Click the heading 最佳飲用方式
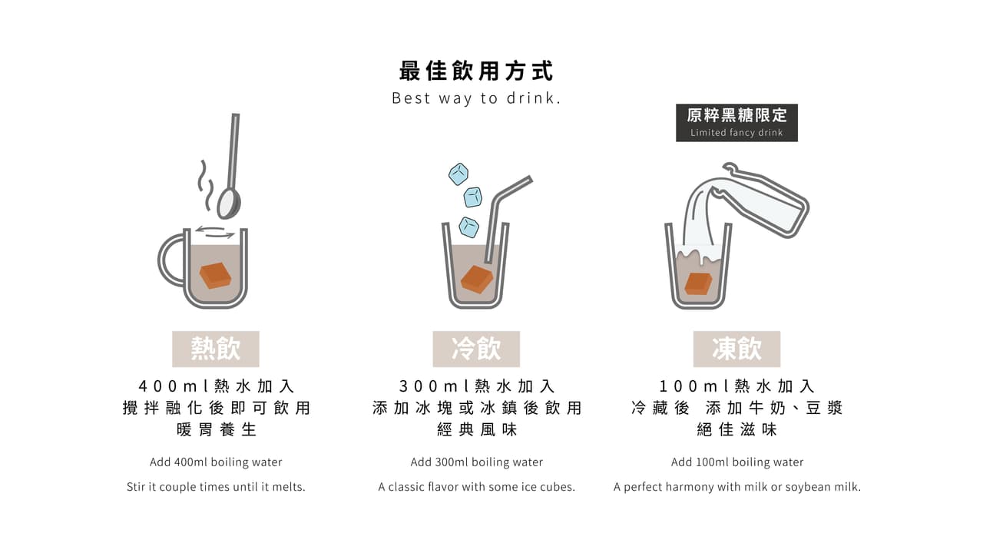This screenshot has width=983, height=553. pyautogui.click(x=476, y=71)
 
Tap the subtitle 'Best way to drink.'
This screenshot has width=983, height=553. pyautogui.click(x=476, y=98)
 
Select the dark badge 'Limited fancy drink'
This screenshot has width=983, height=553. pyautogui.click(x=736, y=123)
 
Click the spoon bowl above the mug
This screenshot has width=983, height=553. pyautogui.click(x=229, y=204)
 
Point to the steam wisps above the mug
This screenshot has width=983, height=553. pyautogui.click(x=205, y=184)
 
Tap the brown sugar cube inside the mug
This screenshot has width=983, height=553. pyautogui.click(x=215, y=276)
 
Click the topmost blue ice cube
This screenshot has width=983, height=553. pyautogui.click(x=458, y=174)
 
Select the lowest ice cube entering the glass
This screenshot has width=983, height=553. pyautogui.click(x=468, y=227)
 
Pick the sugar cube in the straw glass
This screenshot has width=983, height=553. pyautogui.click(x=477, y=279)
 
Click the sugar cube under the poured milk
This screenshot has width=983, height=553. pyautogui.click(x=699, y=283)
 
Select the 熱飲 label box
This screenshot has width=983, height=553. pyautogui.click(x=216, y=349)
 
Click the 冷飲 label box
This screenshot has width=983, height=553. pyautogui.click(x=476, y=349)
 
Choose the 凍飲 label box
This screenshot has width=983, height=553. pyautogui.click(x=736, y=349)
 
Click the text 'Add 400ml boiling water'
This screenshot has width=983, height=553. pyautogui.click(x=216, y=462)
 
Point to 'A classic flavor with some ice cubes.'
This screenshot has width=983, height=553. pyautogui.click(x=477, y=487)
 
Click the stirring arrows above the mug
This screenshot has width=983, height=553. pyautogui.click(x=215, y=232)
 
